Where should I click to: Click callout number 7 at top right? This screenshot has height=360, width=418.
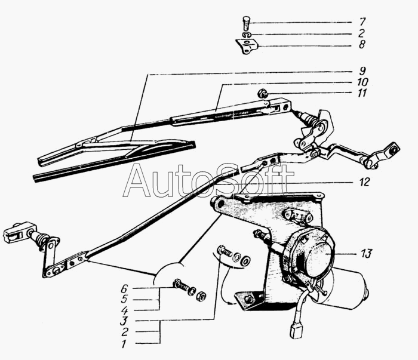tap(362, 21)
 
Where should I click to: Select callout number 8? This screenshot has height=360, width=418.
tap(362, 44)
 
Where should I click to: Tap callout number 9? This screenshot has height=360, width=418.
tap(362, 71)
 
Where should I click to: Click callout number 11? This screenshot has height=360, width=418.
tap(362, 93)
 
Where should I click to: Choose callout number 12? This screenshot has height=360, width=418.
tap(365, 182)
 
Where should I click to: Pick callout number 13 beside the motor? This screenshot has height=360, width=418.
tap(366, 253)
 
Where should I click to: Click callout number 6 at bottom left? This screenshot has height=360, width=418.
tap(124, 288)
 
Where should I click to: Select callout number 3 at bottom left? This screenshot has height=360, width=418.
tap(124, 321)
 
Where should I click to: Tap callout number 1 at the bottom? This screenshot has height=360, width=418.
tap(124, 344)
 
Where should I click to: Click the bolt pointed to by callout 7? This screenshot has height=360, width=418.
tap(247, 23)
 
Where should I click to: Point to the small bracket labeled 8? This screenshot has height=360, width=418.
tap(247, 46)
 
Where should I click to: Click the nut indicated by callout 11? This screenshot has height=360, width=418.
tap(262, 94)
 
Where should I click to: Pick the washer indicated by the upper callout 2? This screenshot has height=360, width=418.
tap(246, 35)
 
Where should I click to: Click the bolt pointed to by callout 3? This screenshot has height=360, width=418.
tap(225, 251)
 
